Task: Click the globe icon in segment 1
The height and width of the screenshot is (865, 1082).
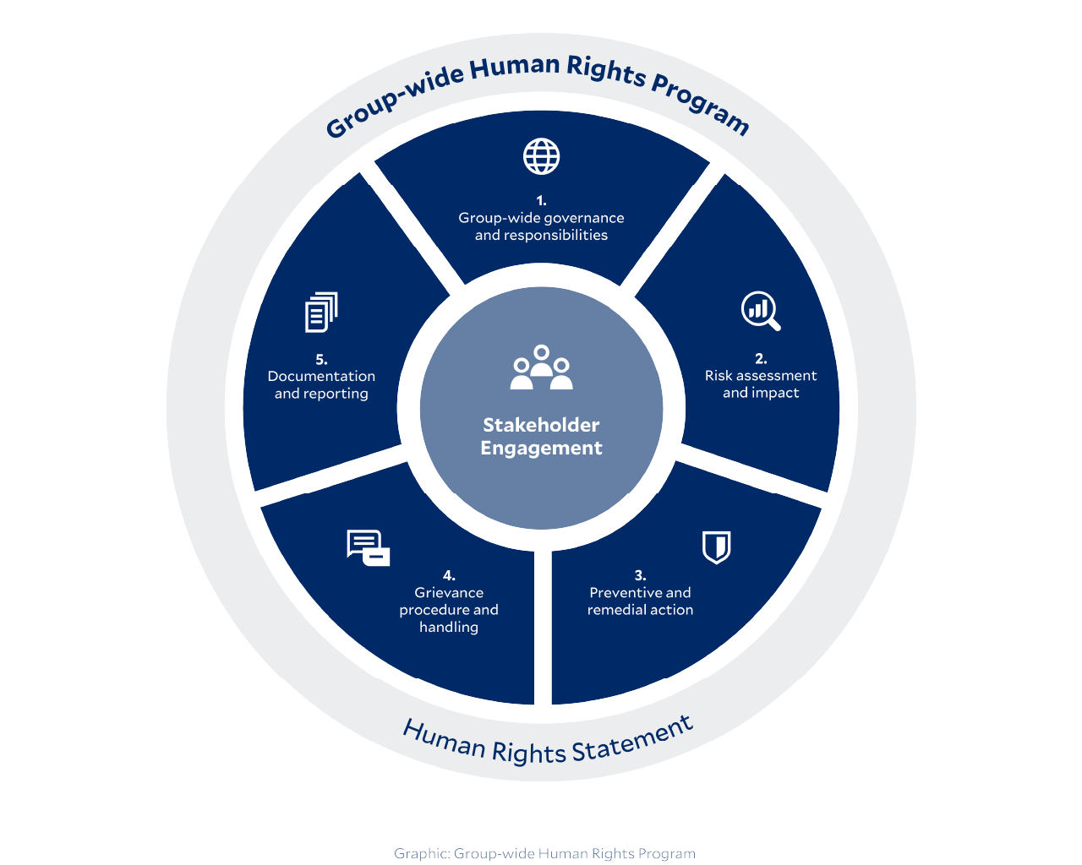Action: tap(541, 156)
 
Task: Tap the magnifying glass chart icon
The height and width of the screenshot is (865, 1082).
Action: tap(760, 311)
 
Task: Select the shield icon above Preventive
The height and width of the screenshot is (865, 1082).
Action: tap(716, 547)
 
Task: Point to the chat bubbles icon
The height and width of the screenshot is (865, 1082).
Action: tap(368, 548)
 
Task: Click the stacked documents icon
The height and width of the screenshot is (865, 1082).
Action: tap(321, 312)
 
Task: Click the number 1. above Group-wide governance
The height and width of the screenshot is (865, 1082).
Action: tap(541, 200)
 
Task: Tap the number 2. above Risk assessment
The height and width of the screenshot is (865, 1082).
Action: tap(761, 358)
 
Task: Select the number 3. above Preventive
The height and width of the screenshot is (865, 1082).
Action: tap(640, 575)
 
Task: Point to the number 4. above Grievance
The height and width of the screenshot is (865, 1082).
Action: tap(449, 575)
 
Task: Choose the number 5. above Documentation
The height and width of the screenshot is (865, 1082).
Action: tap(321, 359)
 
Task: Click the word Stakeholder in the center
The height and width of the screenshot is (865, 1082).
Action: tap(541, 425)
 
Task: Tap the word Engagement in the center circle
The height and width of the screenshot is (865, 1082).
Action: tap(541, 449)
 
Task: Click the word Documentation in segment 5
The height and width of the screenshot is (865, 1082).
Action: tap(321, 376)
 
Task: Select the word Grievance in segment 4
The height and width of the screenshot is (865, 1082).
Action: tap(449, 593)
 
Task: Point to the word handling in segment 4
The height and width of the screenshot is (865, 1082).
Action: tap(449, 628)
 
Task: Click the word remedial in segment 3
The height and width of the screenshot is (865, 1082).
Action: tap(614, 610)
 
